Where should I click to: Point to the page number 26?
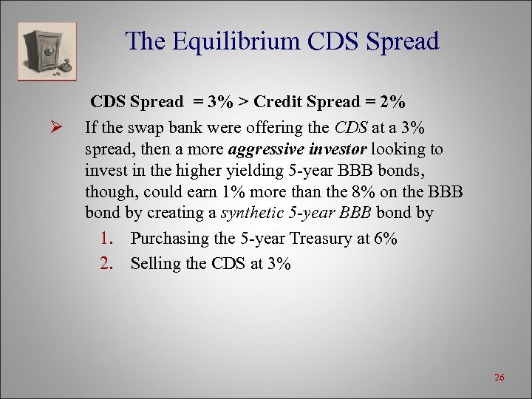click(x=499, y=378)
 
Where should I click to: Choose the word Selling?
click(x=154, y=264)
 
